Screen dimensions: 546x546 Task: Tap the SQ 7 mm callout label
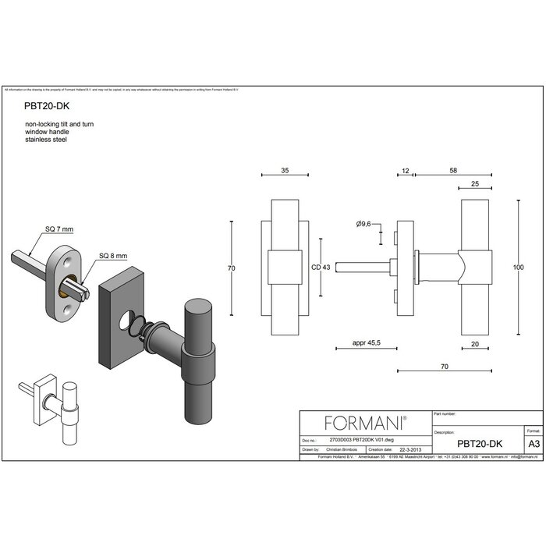click(x=59, y=229)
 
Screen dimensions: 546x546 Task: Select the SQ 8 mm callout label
click(x=112, y=256)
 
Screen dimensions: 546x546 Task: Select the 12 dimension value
click(x=405, y=169)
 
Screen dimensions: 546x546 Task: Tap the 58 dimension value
click(x=453, y=169)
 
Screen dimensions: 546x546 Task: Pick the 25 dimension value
click(x=476, y=184)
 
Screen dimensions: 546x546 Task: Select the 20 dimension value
click(x=476, y=342)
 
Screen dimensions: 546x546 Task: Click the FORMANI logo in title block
click(x=365, y=423)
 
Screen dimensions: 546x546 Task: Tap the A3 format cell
click(x=534, y=443)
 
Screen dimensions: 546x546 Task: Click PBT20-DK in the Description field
click(x=480, y=443)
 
